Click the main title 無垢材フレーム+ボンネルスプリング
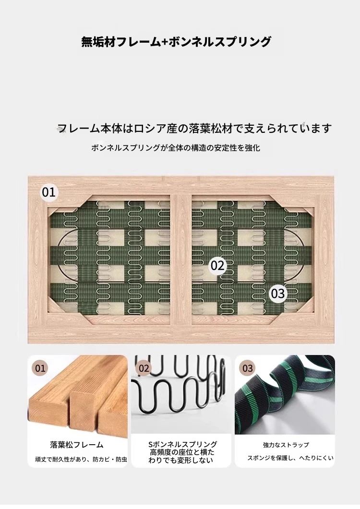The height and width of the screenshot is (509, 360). click(x=176, y=42)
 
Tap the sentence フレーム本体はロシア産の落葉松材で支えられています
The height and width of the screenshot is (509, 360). click(x=194, y=128)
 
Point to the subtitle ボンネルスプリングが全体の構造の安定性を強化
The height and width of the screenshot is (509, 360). click(x=176, y=148)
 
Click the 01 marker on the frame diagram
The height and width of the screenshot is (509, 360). click(x=49, y=192)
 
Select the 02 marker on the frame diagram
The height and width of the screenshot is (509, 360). click(x=217, y=266)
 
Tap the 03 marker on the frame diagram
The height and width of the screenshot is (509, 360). click(x=278, y=294)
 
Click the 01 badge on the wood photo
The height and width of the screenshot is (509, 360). click(x=40, y=368)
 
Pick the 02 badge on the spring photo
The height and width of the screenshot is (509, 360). click(x=144, y=368)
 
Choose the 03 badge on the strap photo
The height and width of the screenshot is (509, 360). click(x=248, y=368)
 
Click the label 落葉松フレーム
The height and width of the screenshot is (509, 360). click(x=77, y=445)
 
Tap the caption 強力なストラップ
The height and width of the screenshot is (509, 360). click(x=286, y=445)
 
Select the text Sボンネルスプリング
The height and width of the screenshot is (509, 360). click(x=182, y=444)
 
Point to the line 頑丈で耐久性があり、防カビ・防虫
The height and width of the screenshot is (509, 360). click(x=81, y=460)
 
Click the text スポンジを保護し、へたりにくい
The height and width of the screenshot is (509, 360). click(x=290, y=458)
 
